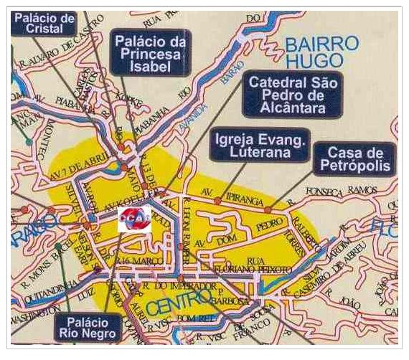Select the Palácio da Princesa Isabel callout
[x=151, y=52]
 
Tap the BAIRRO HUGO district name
[x=321, y=52]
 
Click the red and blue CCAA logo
[x=134, y=219]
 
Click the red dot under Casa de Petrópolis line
[x=268, y=210]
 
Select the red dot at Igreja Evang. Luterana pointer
[x=217, y=202]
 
